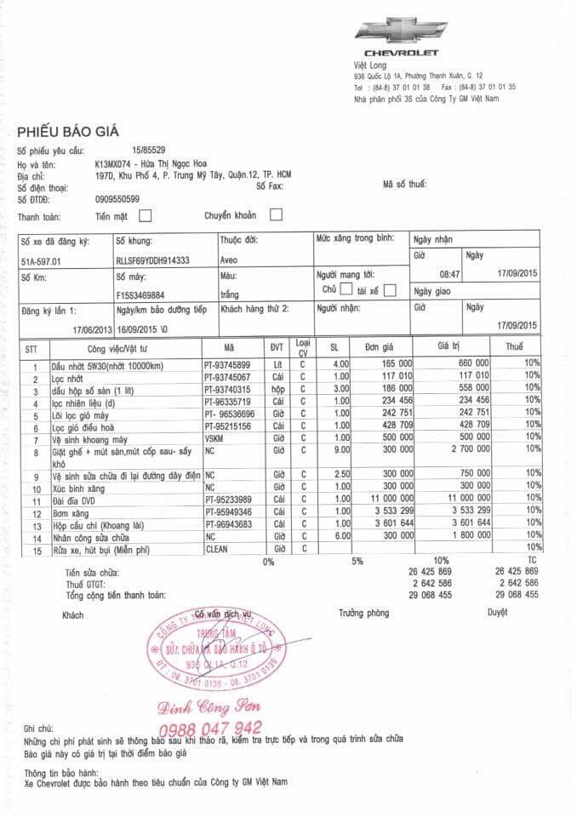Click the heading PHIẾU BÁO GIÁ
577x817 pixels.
point(67,131)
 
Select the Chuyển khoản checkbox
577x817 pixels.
point(275,215)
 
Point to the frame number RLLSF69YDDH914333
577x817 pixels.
point(152,260)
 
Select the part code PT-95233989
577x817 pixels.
point(227,499)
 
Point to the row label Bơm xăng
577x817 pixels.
point(71,513)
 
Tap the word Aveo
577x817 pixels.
point(230,260)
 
